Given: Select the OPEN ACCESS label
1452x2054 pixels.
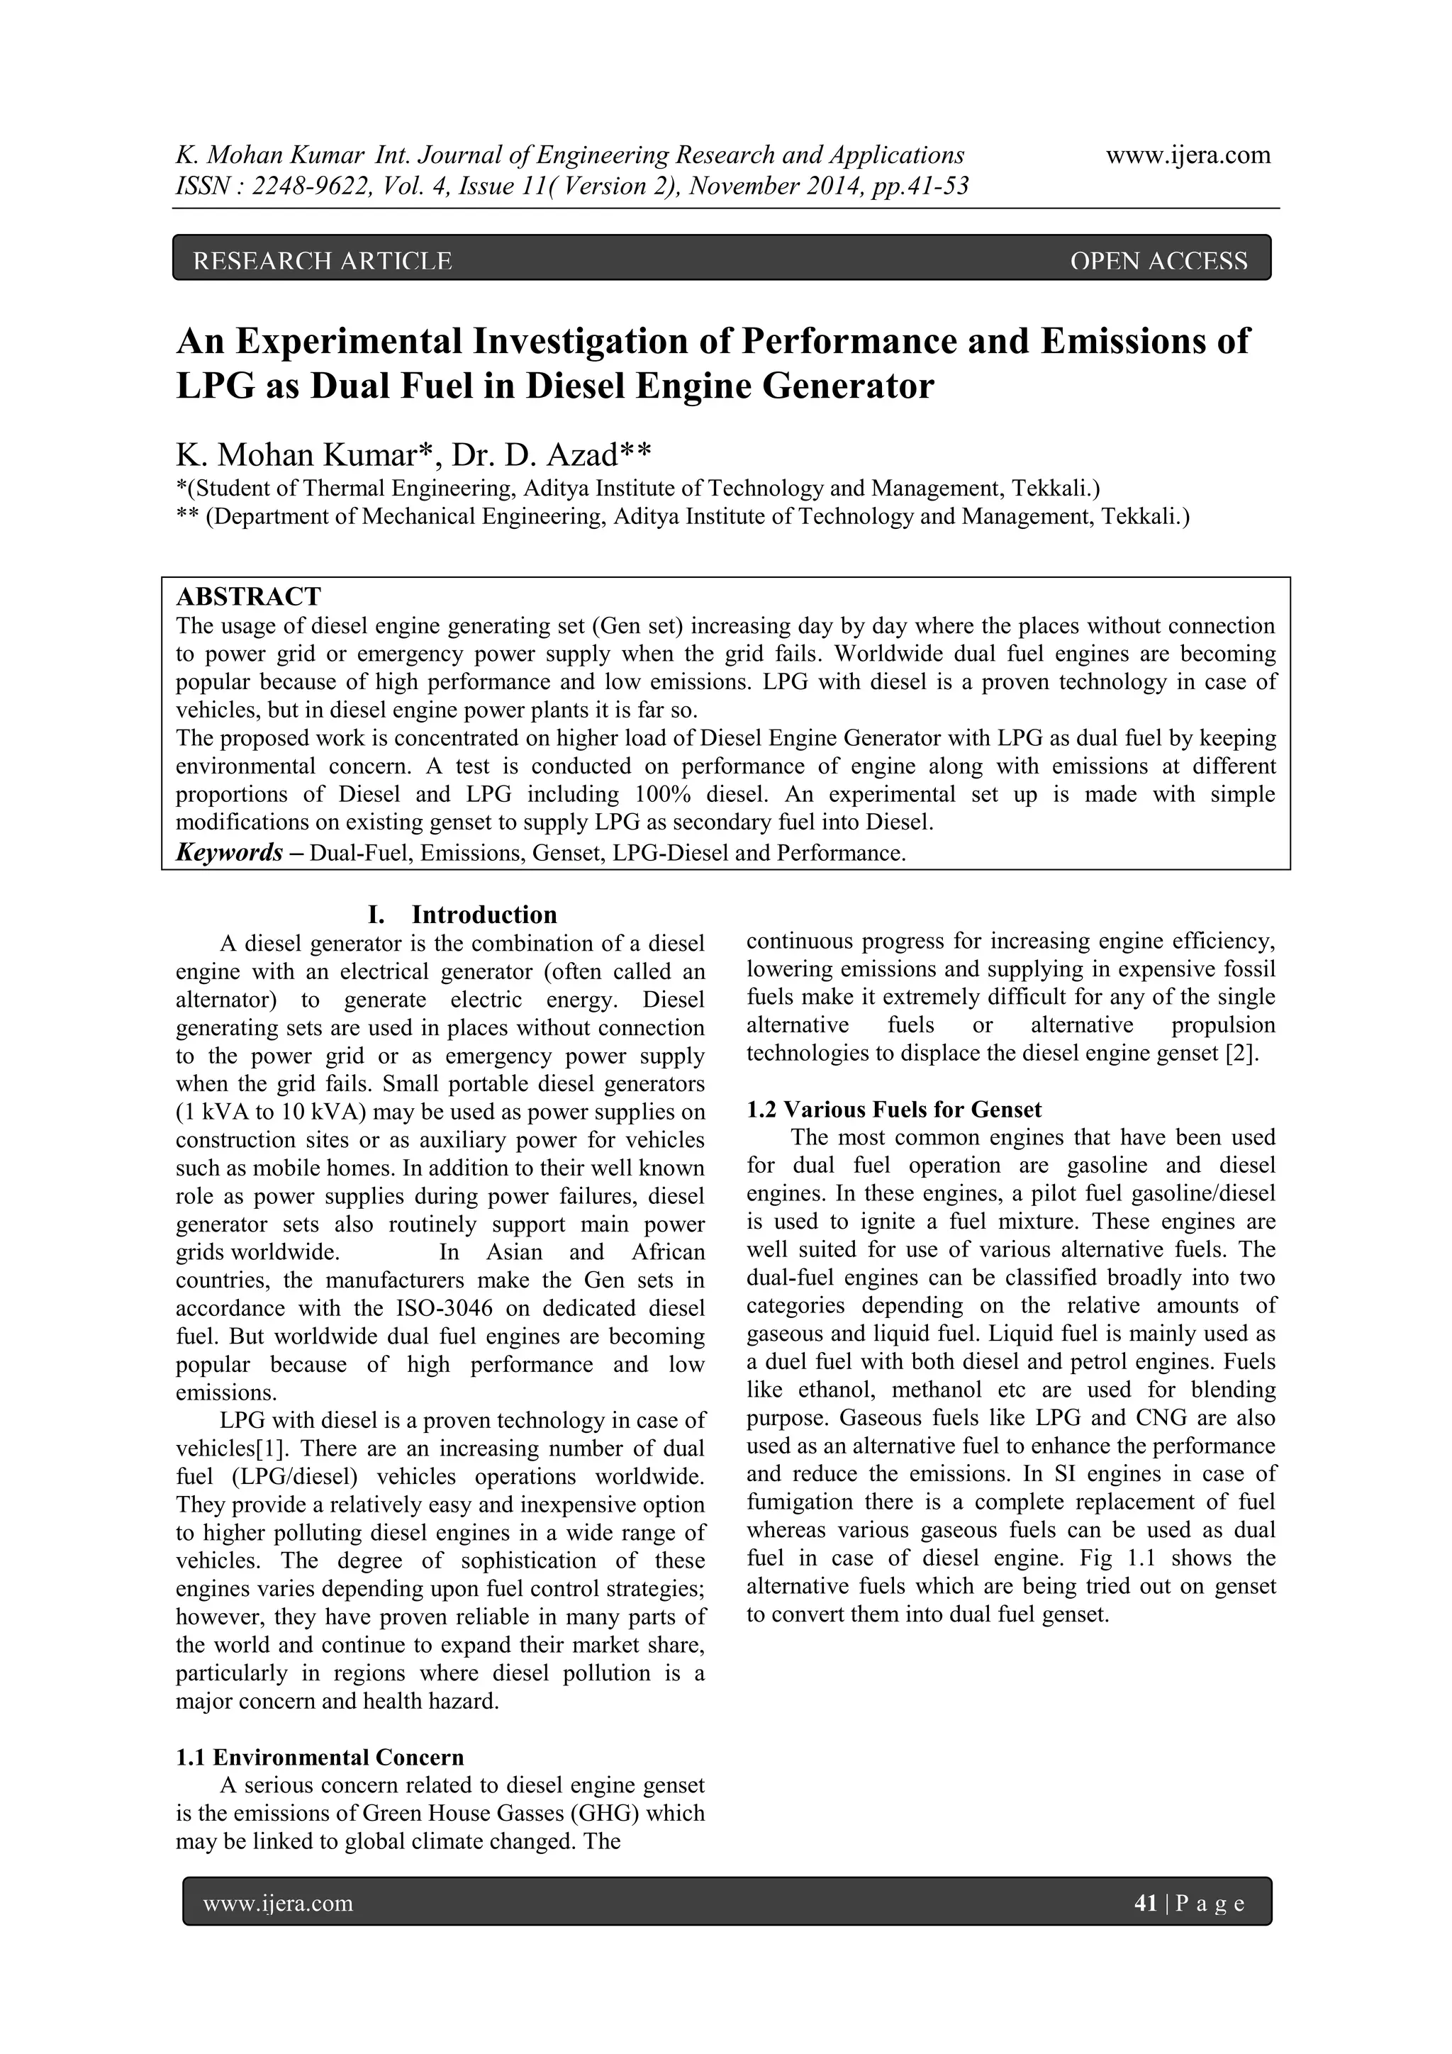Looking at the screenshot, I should pos(1158,260).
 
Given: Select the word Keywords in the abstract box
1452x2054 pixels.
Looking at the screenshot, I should pos(229,852).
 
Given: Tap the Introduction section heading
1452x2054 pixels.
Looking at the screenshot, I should pos(484,915).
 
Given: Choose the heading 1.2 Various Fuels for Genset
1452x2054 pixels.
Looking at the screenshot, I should pos(894,1110).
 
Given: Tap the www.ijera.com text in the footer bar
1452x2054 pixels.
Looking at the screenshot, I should pos(278,1904).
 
